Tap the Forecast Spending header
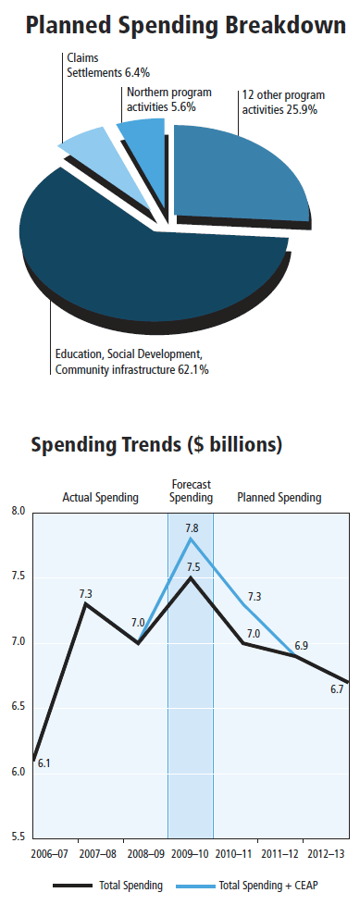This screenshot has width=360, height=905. coord(192,490)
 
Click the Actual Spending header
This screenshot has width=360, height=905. coord(100,498)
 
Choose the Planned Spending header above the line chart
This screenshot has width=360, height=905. coord(279,498)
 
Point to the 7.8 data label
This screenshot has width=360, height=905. coord(190,527)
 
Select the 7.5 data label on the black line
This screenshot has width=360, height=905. coord(190,567)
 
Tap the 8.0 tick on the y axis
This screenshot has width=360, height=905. coord(19,512)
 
